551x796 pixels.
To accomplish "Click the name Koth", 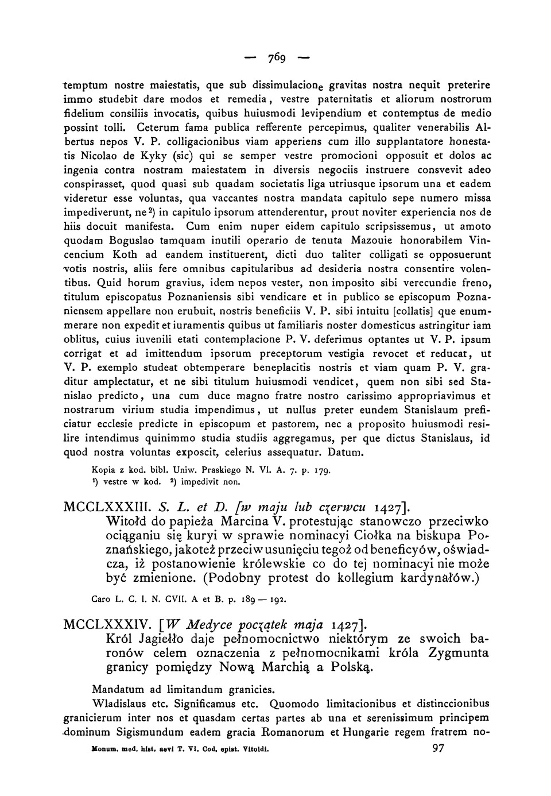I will click(x=125, y=254).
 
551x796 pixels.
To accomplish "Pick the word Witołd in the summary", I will click(x=127, y=522).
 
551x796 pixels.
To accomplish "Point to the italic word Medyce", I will click(x=208, y=624).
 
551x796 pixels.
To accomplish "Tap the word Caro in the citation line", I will click(x=102, y=600).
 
